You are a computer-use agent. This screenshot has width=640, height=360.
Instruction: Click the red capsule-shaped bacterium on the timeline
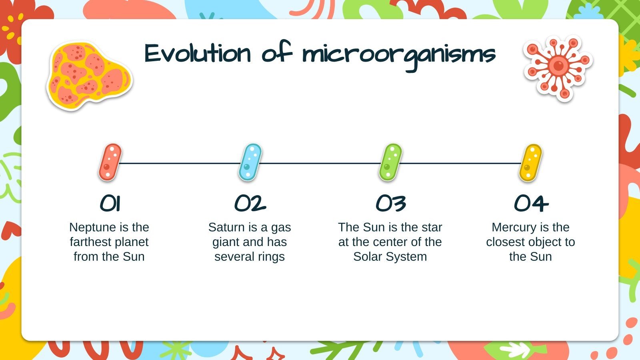[110, 162]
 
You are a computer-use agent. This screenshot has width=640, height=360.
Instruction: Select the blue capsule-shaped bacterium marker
[250, 162]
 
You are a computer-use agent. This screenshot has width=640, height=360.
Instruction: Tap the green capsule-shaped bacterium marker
[390, 162]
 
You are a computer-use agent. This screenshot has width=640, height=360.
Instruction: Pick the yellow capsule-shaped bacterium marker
[530, 162]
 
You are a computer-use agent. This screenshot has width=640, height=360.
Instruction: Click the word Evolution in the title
[198, 53]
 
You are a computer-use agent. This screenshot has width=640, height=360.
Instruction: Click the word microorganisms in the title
[399, 54]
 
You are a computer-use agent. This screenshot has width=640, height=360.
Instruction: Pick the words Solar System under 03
[390, 256]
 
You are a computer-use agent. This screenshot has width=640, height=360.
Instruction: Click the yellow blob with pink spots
[89, 75]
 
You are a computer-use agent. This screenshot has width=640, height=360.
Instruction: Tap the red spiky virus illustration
[558, 67]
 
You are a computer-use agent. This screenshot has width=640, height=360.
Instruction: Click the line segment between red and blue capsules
[180, 163]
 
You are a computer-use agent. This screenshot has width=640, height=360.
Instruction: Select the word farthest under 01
[89, 242]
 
